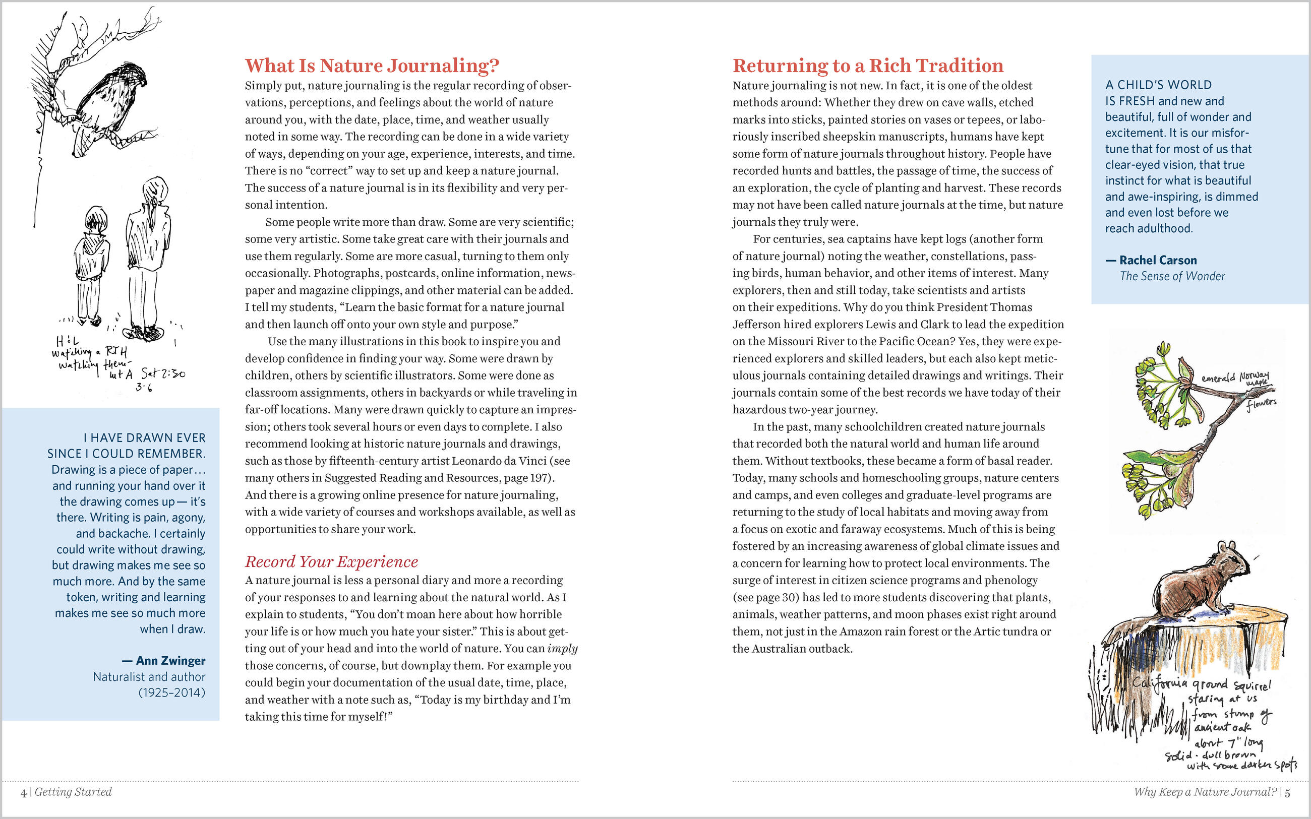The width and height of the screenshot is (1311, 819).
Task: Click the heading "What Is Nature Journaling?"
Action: [372, 66]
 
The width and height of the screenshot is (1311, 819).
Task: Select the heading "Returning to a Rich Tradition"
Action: [868, 66]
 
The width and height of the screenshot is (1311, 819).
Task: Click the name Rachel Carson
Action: [1158, 260]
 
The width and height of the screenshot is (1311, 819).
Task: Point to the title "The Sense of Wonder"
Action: [1172, 276]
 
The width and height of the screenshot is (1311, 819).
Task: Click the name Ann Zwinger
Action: [170, 660]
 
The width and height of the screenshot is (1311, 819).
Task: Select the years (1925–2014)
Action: [172, 692]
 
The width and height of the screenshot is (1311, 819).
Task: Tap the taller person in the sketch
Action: [148, 255]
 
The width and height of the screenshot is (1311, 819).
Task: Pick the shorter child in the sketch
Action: [93, 266]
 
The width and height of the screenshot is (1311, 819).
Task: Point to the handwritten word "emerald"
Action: [1218, 377]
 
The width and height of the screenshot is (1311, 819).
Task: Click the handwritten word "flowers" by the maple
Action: [1261, 404]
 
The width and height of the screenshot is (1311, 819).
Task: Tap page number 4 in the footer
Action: [23, 793]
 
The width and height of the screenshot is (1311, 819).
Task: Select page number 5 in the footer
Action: [1287, 792]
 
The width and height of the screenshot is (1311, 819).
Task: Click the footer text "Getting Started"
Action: [73, 792]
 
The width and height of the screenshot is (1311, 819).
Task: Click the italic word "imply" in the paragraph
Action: [562, 648]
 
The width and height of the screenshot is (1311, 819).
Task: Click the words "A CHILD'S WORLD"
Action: [1158, 85]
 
